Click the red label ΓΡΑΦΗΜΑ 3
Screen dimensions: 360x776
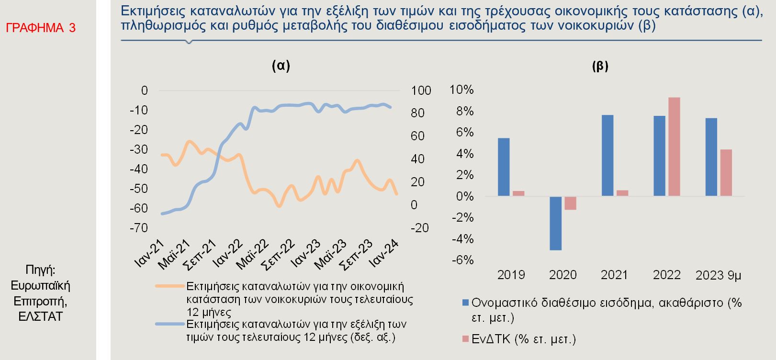click(x=41, y=28)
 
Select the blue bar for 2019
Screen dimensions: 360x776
click(x=504, y=167)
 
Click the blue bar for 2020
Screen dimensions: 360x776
click(x=555, y=223)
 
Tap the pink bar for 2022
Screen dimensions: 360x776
click(x=674, y=146)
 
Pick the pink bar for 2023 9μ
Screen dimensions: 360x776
click(x=726, y=172)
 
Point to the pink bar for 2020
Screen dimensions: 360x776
click(x=570, y=203)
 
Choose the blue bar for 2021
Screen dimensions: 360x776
click(x=607, y=156)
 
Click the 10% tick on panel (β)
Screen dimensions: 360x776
click(x=461, y=90)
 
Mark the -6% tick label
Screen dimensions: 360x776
click(x=462, y=260)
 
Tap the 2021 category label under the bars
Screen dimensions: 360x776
click(x=614, y=275)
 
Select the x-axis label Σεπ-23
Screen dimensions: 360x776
click(x=356, y=254)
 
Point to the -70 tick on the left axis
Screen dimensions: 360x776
click(x=139, y=228)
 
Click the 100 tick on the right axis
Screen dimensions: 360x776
click(x=421, y=90)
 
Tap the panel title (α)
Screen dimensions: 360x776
click(x=281, y=66)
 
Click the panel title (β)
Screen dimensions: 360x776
click(x=600, y=66)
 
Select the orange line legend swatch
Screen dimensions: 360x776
click(x=169, y=286)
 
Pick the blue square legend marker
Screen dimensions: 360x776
click(x=465, y=303)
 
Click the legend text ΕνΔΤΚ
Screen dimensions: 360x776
click(x=493, y=339)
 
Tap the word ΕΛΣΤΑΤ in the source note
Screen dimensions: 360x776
click(x=41, y=316)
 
